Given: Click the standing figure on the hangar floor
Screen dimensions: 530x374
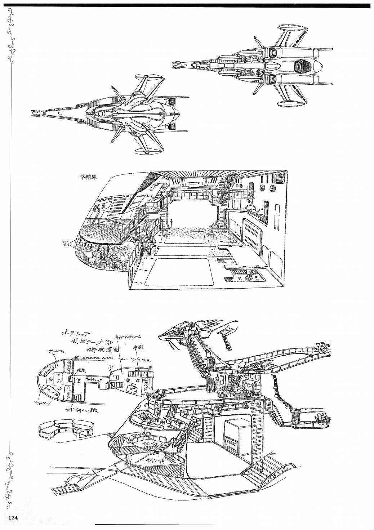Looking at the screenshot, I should [x=172, y=224].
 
